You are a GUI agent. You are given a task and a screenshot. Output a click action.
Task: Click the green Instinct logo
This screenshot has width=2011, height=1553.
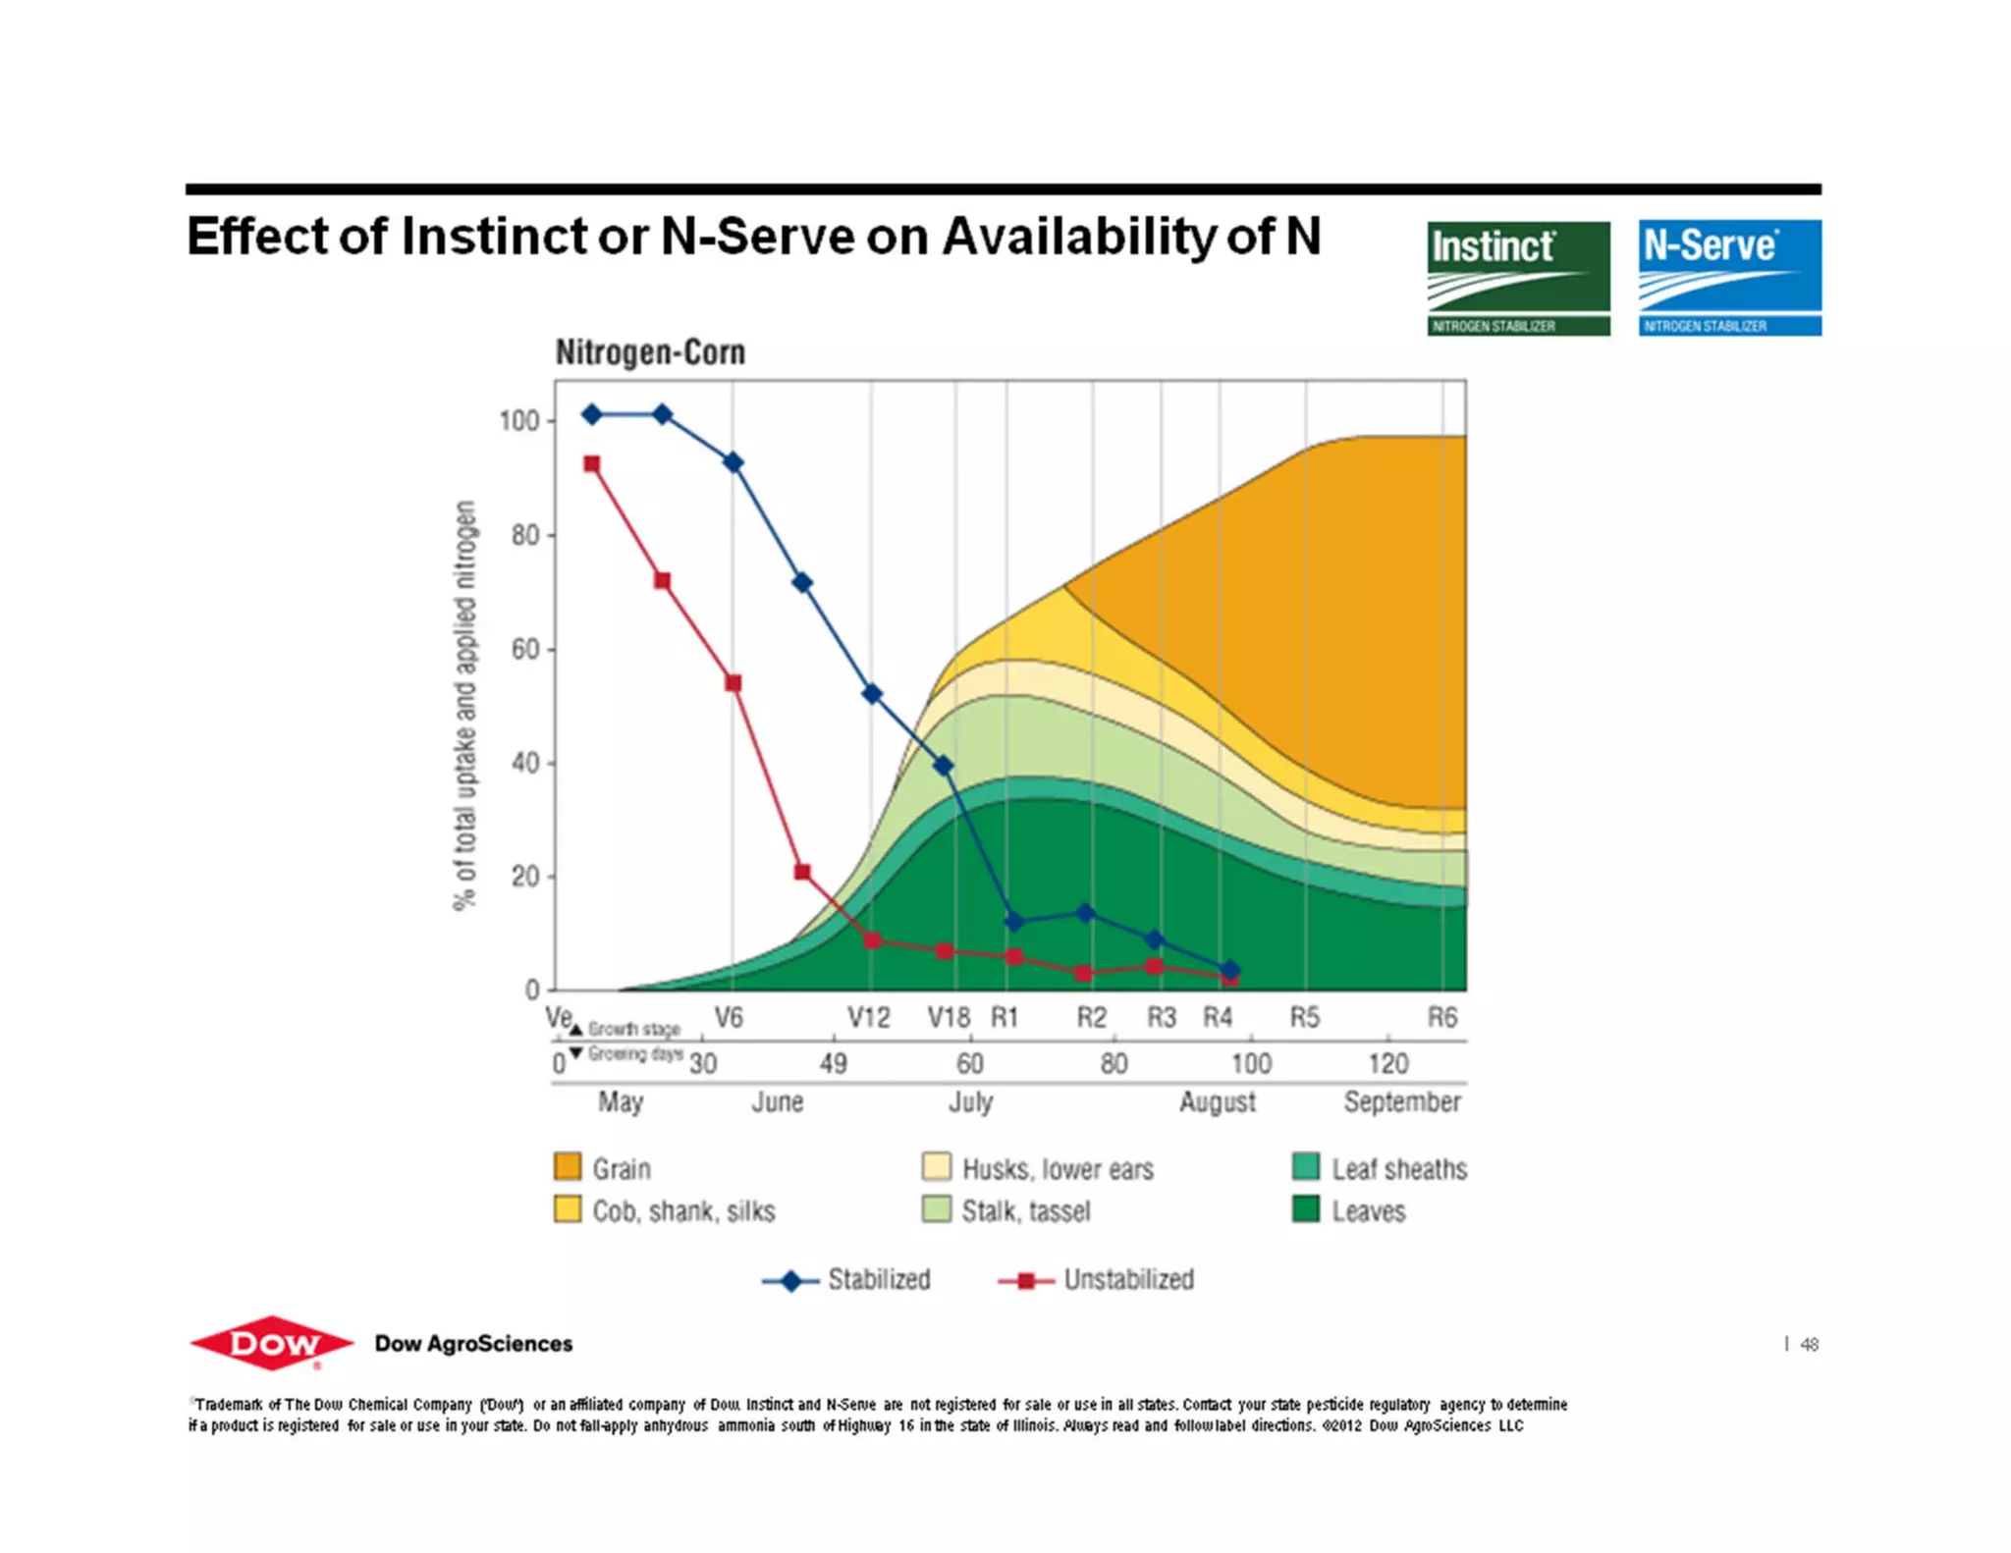[1518, 278]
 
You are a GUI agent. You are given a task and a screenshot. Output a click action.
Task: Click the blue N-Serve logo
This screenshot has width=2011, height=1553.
[1729, 278]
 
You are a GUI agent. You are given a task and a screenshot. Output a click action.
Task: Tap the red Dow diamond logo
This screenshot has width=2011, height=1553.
[272, 1342]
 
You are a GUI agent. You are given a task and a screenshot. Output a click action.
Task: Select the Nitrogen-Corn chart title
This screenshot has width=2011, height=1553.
[650, 352]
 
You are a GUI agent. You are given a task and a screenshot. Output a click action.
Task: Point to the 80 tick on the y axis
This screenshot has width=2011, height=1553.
[525, 535]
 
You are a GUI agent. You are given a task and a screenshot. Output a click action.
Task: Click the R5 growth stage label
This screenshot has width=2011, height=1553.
[1304, 1018]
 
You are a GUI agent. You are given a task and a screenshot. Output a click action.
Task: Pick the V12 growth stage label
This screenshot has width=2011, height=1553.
[868, 1018]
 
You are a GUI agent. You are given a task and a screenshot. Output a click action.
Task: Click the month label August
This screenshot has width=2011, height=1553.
[1217, 1102]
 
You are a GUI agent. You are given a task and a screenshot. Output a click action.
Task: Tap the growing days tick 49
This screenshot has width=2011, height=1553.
[833, 1064]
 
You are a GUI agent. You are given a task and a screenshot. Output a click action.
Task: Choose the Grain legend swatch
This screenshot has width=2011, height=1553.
[568, 1167]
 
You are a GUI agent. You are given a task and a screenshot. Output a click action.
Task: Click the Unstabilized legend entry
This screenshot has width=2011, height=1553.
[1128, 1280]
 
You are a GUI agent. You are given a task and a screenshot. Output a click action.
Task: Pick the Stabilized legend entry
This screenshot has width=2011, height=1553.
[878, 1280]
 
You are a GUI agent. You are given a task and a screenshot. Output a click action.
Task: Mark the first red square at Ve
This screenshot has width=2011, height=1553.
[592, 464]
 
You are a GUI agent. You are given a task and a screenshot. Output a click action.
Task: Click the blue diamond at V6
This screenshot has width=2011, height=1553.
[733, 462]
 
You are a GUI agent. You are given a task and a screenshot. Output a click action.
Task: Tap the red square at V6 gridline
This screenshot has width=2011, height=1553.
[733, 683]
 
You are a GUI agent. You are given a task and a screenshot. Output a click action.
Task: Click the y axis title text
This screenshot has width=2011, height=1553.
[464, 705]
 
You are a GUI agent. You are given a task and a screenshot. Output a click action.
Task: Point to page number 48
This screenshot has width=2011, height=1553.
[1809, 1345]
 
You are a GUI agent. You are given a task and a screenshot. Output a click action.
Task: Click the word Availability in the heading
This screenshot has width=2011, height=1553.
[1078, 237]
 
